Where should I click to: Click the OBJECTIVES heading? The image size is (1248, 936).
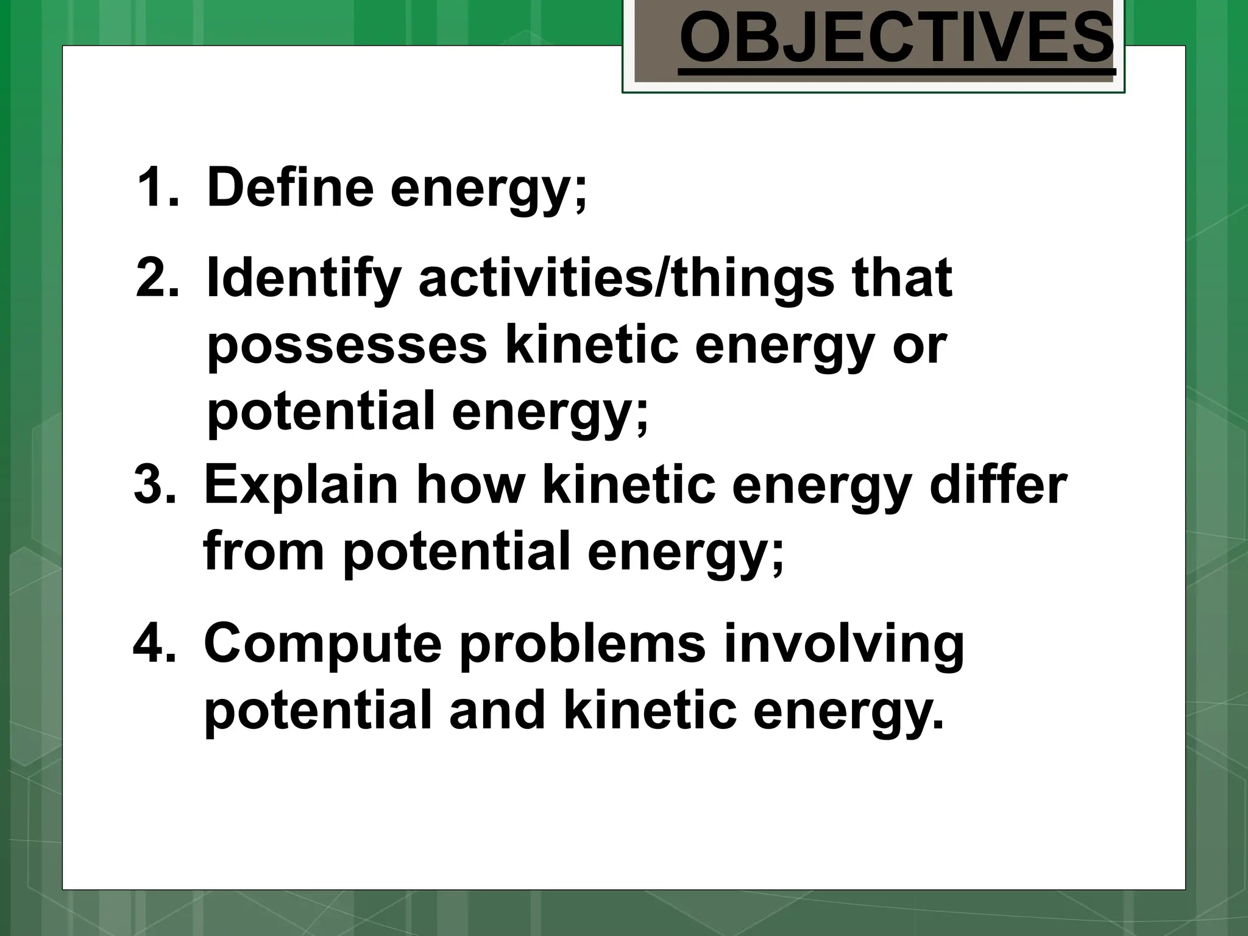click(x=896, y=39)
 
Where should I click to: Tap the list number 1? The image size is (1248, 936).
click(x=158, y=187)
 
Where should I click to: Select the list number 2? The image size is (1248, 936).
click(x=158, y=277)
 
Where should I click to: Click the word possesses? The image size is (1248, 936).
click(x=347, y=346)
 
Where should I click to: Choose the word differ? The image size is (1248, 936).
click(x=999, y=484)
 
